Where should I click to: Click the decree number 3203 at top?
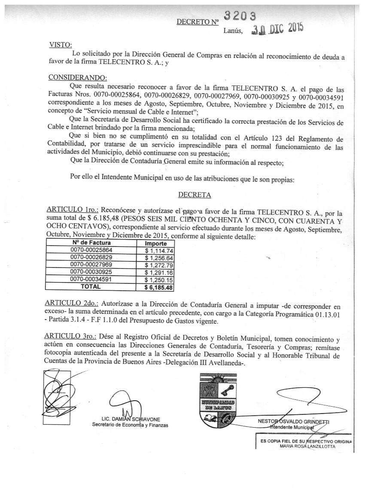(x=240, y=16)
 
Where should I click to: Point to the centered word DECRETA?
(x=195, y=195)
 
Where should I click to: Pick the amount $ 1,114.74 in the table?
(x=159, y=250)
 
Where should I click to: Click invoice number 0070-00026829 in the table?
(x=91, y=258)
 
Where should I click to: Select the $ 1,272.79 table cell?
(x=159, y=265)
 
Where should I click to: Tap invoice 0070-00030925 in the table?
(x=91, y=272)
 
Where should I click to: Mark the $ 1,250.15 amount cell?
(x=159, y=280)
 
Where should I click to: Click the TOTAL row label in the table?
(x=91, y=287)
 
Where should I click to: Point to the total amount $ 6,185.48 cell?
(x=158, y=287)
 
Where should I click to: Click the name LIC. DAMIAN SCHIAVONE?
(x=130, y=419)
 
